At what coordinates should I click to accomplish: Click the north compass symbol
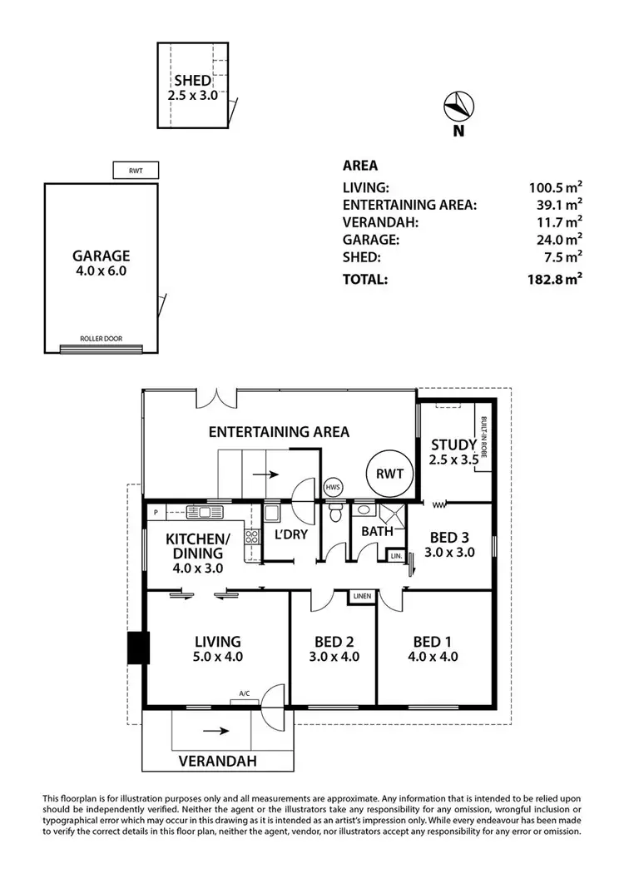[x=458, y=107]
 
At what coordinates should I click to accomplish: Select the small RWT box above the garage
[x=135, y=171]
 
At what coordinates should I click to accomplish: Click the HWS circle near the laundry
[x=332, y=486]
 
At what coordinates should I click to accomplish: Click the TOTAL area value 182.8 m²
[x=556, y=280]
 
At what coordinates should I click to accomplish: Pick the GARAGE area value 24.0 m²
[x=559, y=240]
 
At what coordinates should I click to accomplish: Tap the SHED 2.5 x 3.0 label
[x=192, y=87]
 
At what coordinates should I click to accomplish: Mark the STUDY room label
[x=453, y=451]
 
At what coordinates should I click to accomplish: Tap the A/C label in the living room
[x=245, y=693]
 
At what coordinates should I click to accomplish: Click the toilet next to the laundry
[x=334, y=513]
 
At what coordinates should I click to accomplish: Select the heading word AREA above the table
[x=359, y=166]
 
